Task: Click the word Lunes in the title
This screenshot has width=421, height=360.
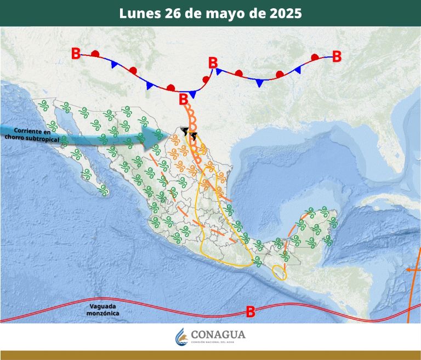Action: [x=139, y=13]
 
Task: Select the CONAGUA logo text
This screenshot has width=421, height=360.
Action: [x=218, y=335]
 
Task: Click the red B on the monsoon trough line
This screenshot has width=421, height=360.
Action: [x=251, y=312]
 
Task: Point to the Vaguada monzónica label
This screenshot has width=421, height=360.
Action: [x=103, y=310]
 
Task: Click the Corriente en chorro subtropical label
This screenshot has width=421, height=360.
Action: [x=32, y=135]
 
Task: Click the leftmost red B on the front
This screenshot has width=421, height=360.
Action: [x=76, y=53]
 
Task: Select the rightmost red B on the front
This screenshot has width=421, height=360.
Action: [x=337, y=56]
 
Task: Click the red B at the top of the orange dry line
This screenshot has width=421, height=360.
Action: [x=183, y=99]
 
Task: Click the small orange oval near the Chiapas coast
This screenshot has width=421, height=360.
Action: [x=280, y=272]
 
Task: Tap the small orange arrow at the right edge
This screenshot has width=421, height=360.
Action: [x=410, y=270]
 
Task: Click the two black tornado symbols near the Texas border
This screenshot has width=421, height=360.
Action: [x=189, y=132]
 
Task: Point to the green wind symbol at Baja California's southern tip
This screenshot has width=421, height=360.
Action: [x=103, y=190]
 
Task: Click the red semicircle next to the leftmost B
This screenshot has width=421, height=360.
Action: [x=95, y=54]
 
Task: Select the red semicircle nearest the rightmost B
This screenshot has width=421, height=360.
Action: [x=315, y=57]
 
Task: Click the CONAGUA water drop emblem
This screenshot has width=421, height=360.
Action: [x=181, y=336]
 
